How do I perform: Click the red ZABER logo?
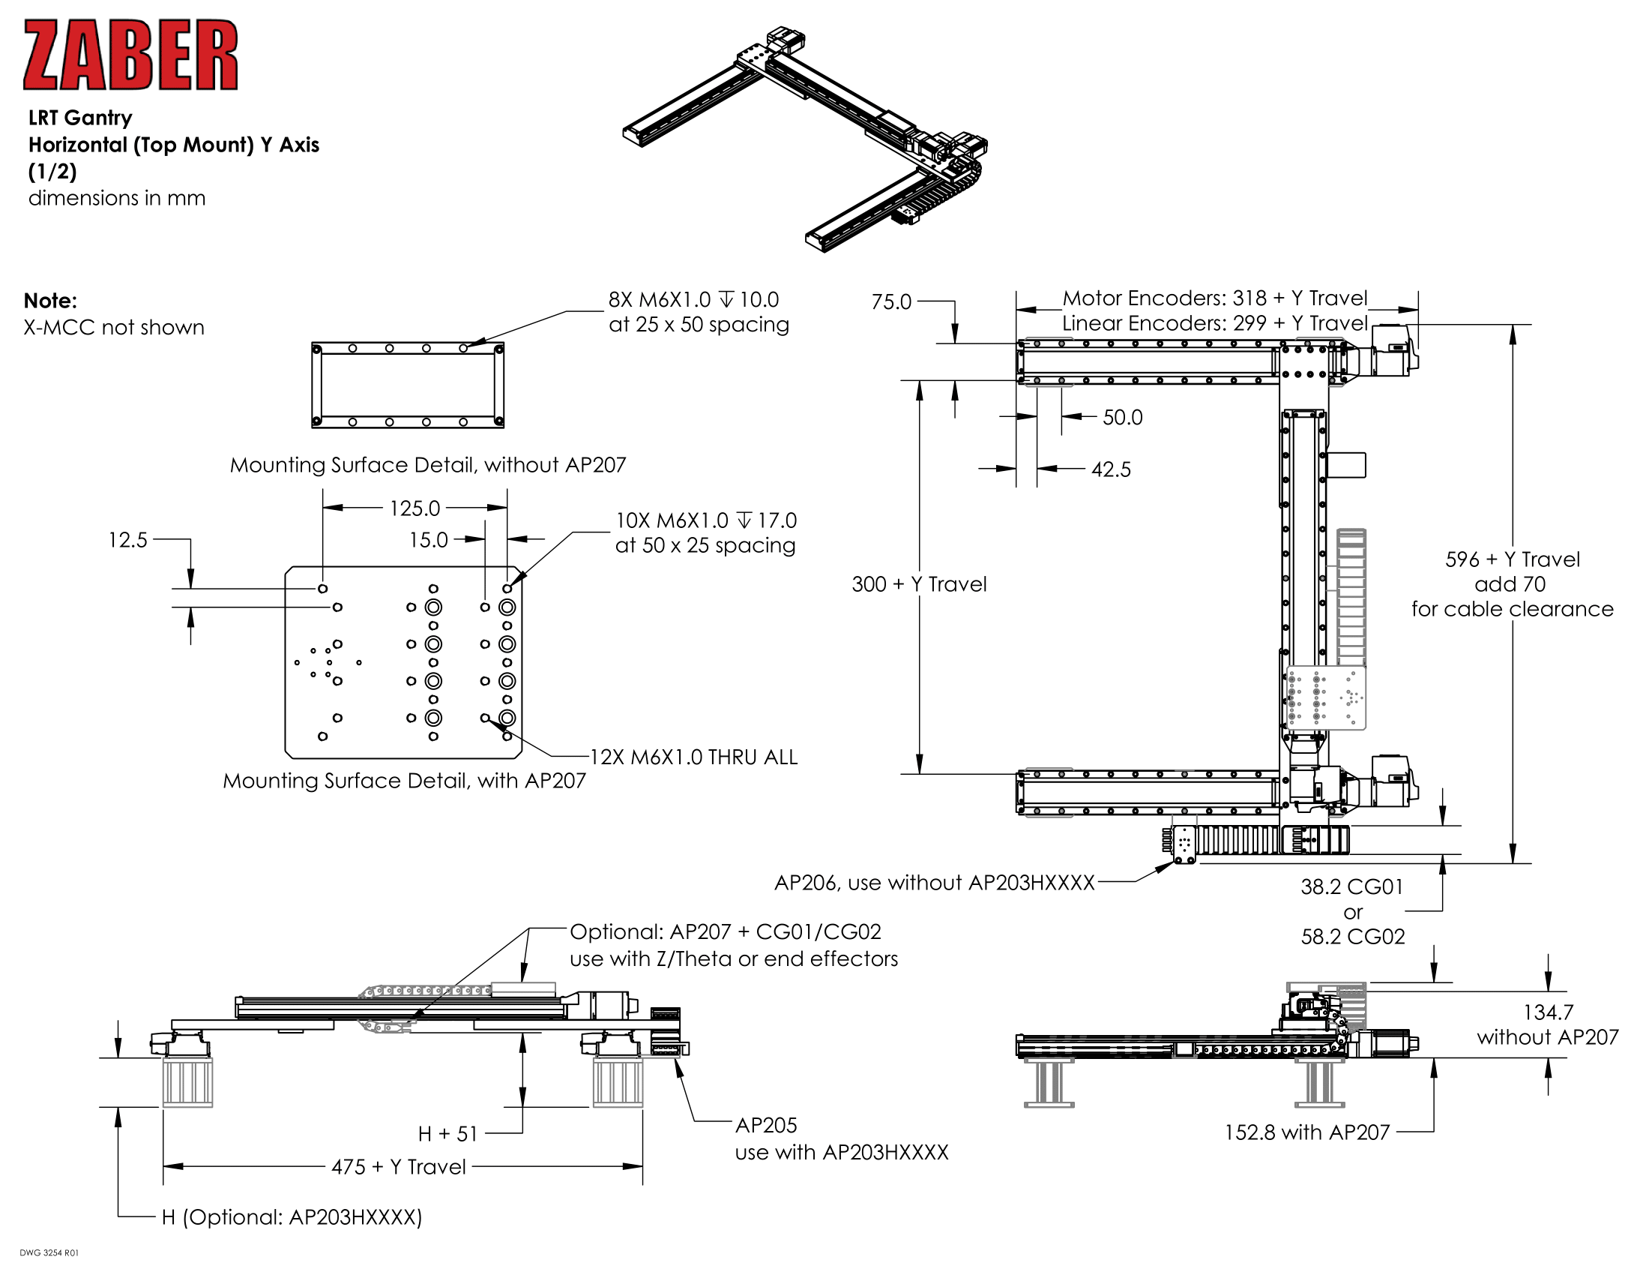(x=130, y=55)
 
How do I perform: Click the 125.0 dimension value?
(x=414, y=508)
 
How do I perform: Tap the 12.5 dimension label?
(x=127, y=540)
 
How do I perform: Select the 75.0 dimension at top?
(x=891, y=302)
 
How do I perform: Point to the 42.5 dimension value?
(x=1111, y=469)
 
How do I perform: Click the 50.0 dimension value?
(x=1122, y=418)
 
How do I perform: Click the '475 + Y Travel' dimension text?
(x=399, y=1167)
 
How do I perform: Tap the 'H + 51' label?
(x=447, y=1134)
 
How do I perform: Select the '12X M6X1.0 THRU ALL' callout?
(x=693, y=757)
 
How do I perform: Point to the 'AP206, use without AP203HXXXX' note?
(x=934, y=883)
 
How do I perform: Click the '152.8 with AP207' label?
(x=1306, y=1132)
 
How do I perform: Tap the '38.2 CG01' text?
(x=1351, y=886)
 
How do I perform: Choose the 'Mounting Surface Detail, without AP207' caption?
(x=427, y=465)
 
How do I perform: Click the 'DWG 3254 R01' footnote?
(x=49, y=1253)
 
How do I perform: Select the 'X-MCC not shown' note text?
(x=114, y=328)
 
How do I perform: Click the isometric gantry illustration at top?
(x=805, y=139)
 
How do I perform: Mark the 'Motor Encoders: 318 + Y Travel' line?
(x=1214, y=298)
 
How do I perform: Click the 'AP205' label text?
(x=765, y=1126)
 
